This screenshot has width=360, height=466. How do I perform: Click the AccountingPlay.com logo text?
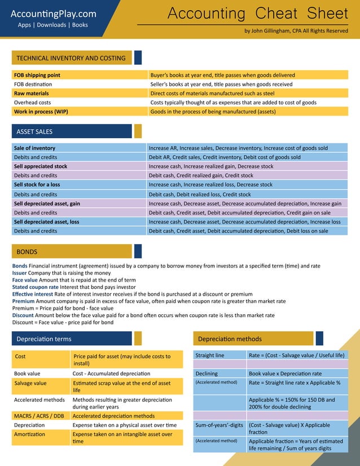coord(53,14)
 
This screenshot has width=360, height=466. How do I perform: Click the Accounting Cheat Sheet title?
coord(258,14)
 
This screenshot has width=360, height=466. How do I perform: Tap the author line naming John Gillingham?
coord(296,31)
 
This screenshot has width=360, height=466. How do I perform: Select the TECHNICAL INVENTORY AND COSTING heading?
coord(71,58)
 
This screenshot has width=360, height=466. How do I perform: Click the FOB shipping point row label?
coord(37,75)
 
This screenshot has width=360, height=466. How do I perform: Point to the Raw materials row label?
coord(32,93)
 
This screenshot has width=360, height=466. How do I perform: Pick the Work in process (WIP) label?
coord(41,112)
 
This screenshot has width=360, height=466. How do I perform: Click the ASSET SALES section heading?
coord(34,131)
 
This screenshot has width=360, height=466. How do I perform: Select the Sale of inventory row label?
coord(35,148)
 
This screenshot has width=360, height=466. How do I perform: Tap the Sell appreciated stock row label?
coord(41,166)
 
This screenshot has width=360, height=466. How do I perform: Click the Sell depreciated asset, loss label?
coord(47,222)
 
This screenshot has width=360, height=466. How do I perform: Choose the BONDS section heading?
coord(27,251)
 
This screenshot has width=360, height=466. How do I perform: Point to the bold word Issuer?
coord(20,273)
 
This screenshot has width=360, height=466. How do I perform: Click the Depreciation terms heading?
coord(44,339)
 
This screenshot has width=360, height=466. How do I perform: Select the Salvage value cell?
coord(31,383)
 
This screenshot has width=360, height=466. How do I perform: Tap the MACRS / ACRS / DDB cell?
coord(39,416)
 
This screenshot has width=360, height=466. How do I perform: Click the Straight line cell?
coord(209,355)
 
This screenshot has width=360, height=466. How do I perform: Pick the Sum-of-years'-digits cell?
coord(219,424)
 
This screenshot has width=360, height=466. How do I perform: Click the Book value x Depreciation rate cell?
coord(285,373)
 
